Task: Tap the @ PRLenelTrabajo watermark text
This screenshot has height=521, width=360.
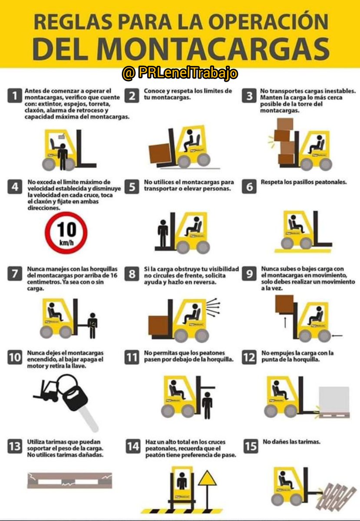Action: click(180, 73)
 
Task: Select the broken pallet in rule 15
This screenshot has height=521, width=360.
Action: click(336, 495)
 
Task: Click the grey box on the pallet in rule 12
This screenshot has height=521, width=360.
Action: click(334, 399)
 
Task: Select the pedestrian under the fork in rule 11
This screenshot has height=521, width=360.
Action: click(207, 404)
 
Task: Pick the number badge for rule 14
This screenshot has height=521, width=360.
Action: click(133, 446)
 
